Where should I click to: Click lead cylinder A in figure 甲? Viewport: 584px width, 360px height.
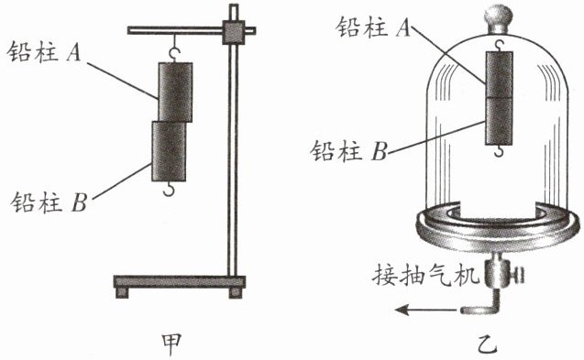(175, 92)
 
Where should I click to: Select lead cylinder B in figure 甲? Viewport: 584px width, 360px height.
(169, 151)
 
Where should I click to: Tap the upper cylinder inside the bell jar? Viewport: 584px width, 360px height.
(499, 74)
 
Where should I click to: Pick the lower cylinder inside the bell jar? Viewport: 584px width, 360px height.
(499, 121)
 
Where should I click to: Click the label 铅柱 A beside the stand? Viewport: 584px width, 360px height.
(44, 51)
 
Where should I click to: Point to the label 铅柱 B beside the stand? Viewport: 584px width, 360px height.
(49, 202)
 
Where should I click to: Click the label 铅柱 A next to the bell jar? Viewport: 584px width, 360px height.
(373, 27)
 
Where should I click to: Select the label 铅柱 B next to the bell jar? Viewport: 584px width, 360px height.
(349, 151)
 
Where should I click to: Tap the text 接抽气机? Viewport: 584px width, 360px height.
(425, 276)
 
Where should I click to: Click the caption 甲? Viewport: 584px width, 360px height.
(171, 344)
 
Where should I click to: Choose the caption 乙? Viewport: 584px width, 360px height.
(487, 344)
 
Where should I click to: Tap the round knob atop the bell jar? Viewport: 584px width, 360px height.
(498, 18)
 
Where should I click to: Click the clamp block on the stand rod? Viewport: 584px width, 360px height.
(234, 32)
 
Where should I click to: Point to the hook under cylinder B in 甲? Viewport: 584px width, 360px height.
(169, 189)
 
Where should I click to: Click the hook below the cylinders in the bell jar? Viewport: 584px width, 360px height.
(499, 151)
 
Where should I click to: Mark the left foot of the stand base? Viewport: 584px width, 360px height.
(122, 292)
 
